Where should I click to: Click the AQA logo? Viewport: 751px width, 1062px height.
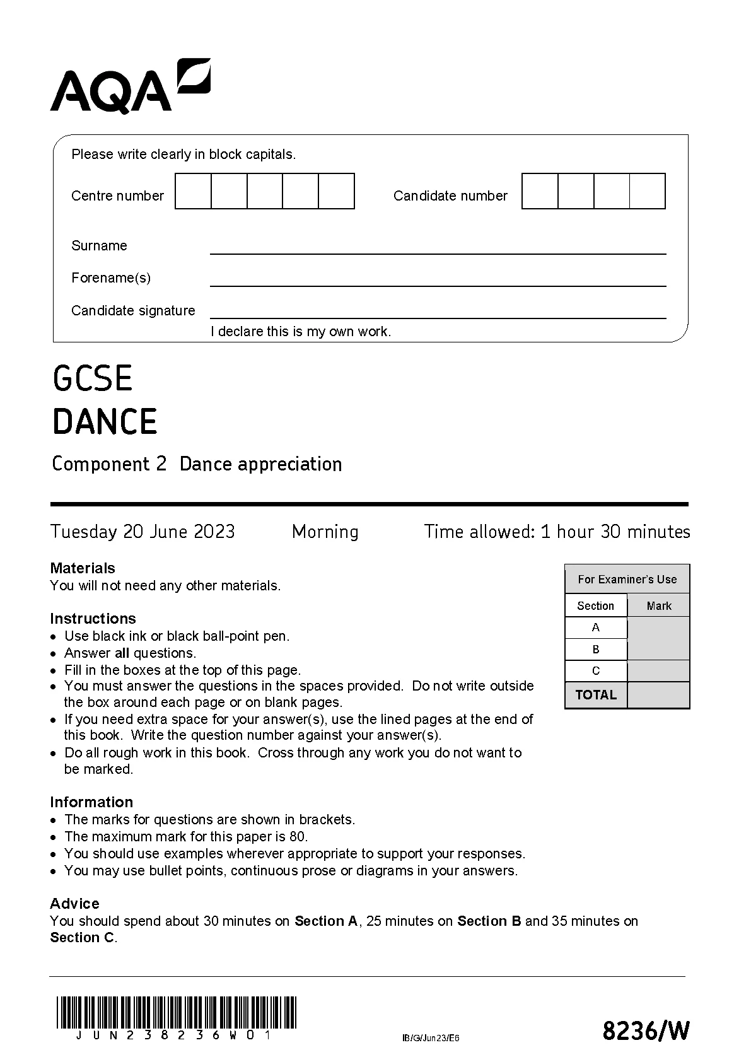[130, 87]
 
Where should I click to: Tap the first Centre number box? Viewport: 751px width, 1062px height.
[193, 191]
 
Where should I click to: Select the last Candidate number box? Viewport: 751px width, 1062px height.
[648, 191]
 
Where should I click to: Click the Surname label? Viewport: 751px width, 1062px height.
[99, 246]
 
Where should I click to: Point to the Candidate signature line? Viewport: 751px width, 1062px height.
[438, 317]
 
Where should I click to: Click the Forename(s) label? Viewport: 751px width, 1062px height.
[111, 278]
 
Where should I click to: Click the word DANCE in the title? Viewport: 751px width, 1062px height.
[105, 422]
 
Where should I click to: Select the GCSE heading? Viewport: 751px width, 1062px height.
[93, 378]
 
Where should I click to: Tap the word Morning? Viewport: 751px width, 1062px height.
[325, 532]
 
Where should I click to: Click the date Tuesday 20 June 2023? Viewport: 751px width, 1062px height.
[143, 532]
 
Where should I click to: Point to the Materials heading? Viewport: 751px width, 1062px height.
[83, 568]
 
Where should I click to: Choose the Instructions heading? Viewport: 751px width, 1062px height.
[93, 619]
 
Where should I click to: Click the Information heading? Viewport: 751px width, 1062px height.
[91, 802]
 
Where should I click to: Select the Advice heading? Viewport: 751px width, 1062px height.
[74, 904]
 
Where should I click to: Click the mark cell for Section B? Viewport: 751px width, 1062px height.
[658, 650]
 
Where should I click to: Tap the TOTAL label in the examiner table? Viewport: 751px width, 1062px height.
[596, 695]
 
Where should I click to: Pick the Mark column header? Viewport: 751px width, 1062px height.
[659, 606]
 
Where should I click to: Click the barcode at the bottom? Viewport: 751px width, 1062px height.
[176, 1013]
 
